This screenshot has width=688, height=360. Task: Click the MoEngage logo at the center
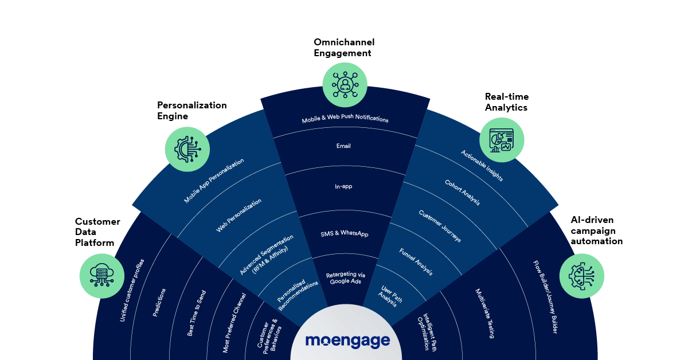[x=347, y=341]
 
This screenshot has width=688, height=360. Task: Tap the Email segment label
[x=344, y=146]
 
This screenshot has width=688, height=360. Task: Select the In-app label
[x=344, y=187]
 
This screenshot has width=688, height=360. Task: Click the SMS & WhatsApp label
[x=344, y=233]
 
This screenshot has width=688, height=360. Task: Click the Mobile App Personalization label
[x=214, y=181]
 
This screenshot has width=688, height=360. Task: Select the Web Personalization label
[x=239, y=215]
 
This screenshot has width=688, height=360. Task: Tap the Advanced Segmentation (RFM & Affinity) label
[x=268, y=253]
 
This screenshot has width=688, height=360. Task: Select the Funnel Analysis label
[x=416, y=261]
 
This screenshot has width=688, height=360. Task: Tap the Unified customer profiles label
[x=132, y=290]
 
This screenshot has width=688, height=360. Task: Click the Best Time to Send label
[x=196, y=313]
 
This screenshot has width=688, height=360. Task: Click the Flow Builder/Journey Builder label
[x=545, y=298]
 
